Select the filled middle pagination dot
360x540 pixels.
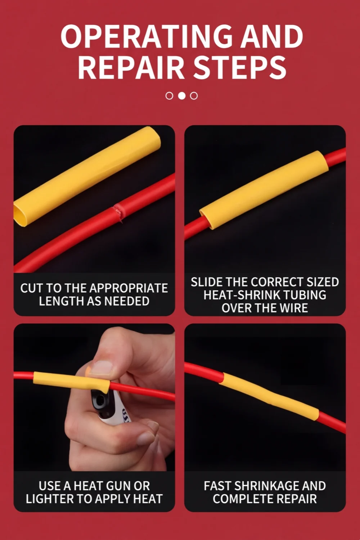coord(181,96)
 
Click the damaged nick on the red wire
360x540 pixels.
coord(118,210)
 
